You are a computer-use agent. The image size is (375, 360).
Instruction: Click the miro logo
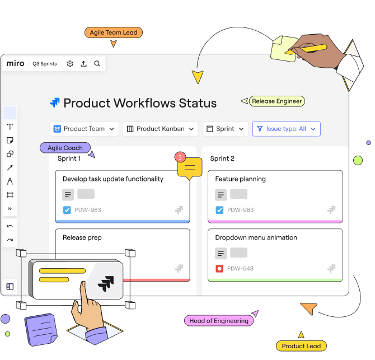(x=16, y=64)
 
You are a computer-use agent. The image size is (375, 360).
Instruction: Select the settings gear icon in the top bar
(x=70, y=64)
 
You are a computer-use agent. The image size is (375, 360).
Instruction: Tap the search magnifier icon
(x=97, y=64)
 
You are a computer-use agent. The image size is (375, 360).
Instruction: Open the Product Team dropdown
(x=85, y=129)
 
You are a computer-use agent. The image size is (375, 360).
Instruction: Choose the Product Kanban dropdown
(x=161, y=129)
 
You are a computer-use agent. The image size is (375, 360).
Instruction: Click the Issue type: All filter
(x=286, y=129)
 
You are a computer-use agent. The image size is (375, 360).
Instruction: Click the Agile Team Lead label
(x=114, y=32)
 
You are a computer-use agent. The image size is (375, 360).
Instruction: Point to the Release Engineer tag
(x=276, y=101)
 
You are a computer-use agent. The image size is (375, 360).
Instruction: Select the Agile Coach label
(x=65, y=148)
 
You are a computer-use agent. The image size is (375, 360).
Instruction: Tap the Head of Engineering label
(x=218, y=321)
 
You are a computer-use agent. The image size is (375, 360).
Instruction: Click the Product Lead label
(x=301, y=346)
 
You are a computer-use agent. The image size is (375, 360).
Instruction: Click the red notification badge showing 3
(x=180, y=157)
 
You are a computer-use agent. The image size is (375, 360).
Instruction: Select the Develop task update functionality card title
(x=113, y=179)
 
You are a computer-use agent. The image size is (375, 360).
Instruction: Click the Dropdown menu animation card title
(x=256, y=237)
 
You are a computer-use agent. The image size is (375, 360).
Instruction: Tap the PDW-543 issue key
(x=240, y=269)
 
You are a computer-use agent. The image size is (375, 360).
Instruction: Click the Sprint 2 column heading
(x=222, y=158)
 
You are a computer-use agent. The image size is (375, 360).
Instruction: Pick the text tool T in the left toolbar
(x=10, y=127)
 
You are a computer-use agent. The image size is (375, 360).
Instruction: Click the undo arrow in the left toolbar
(x=10, y=227)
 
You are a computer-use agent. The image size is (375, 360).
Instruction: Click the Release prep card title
(x=82, y=237)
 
